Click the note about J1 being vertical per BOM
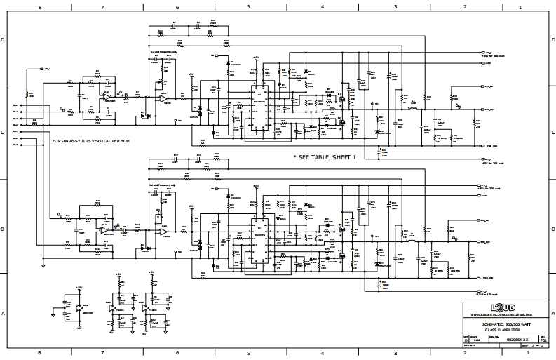[x=92, y=141]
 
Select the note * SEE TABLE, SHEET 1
[x=325, y=158]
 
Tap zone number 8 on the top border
[x=40, y=6]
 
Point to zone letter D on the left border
[x=4, y=40]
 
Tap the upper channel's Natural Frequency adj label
[x=163, y=51]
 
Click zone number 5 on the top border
[x=248, y=6]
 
